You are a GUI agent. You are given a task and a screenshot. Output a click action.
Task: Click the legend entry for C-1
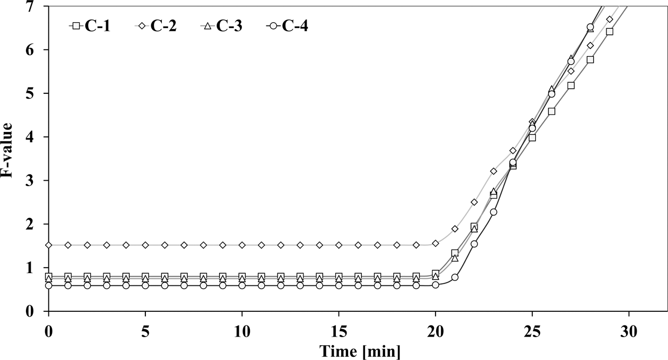coord(90,25)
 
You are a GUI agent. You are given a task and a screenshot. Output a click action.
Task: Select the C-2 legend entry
coord(156,25)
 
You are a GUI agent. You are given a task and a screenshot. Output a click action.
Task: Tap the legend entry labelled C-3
coord(222,25)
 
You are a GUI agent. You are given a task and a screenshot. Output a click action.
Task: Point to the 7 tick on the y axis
coord(37,6)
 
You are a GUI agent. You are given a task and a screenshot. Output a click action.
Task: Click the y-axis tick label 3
coord(37,181)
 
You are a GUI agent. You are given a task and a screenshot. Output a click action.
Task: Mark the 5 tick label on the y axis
coord(37,93)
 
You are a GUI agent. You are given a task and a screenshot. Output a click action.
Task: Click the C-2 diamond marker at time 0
coord(49,245)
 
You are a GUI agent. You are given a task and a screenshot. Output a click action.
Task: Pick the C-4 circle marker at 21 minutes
coord(455,277)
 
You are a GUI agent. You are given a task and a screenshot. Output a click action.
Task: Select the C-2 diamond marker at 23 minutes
coord(493,171)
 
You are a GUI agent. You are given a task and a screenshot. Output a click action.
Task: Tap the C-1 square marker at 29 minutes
coord(610,32)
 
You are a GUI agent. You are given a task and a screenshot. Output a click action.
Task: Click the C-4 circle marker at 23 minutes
coord(493,212)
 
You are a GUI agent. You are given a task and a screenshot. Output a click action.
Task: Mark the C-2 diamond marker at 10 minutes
coord(242,245)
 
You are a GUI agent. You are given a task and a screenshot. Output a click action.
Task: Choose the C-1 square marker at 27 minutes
coord(571,85)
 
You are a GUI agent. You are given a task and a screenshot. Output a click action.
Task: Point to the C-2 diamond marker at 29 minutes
coord(610,19)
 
